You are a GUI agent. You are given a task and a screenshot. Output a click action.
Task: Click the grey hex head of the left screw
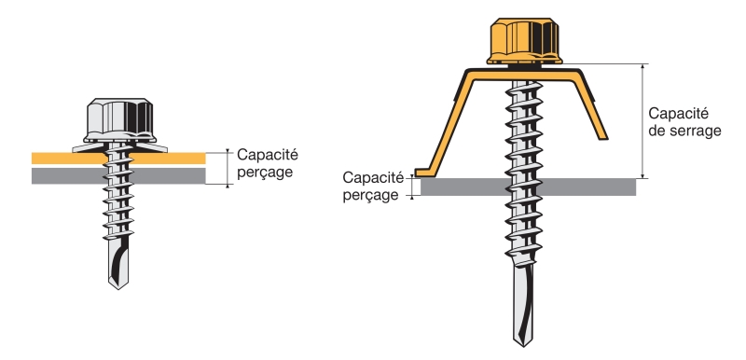119,119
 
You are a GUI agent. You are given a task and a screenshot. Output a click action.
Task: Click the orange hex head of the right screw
524,41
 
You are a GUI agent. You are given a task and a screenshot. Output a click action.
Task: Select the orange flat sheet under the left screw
118,159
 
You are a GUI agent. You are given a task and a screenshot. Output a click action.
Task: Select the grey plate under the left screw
118,176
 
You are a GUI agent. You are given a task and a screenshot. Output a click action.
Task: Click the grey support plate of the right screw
528,187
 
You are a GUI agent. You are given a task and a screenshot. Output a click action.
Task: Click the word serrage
695,131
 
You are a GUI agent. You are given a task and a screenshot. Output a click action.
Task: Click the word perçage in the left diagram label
265,173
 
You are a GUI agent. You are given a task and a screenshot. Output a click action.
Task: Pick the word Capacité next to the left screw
268,155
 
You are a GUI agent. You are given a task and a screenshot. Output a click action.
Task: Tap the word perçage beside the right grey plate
370,195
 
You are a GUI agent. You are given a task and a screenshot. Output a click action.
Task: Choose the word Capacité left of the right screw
373,177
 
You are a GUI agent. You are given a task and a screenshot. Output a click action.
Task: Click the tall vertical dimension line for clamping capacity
642,121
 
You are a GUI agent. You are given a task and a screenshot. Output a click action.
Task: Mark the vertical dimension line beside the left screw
228,168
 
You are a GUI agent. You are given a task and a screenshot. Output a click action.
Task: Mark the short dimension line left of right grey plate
412,187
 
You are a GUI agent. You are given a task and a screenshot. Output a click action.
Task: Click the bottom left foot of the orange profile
422,173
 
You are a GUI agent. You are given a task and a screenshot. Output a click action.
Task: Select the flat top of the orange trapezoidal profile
523,75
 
